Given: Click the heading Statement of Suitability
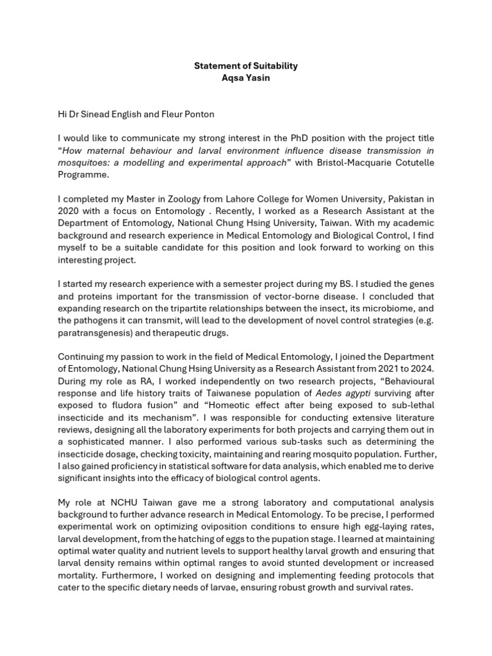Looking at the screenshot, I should [x=246, y=66].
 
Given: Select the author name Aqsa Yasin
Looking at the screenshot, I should [x=246, y=78].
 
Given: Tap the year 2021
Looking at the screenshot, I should [x=377, y=369].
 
